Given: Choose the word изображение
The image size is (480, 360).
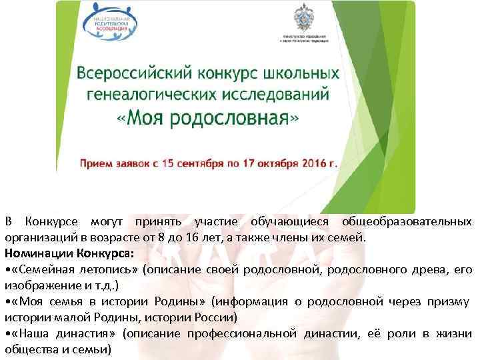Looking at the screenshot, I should [38, 285].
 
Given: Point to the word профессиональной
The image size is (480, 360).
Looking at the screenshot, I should [240, 333].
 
